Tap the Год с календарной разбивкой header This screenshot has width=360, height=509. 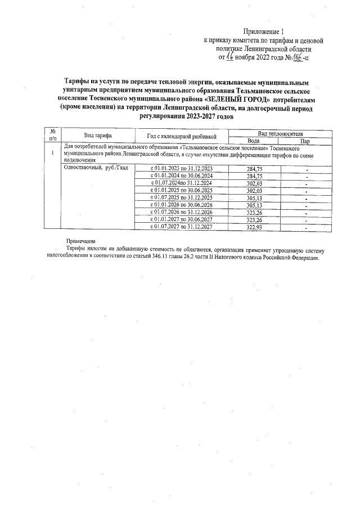point(182,136)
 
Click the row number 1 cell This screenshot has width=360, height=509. point(52,153)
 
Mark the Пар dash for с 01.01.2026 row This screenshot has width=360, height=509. point(306,205)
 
